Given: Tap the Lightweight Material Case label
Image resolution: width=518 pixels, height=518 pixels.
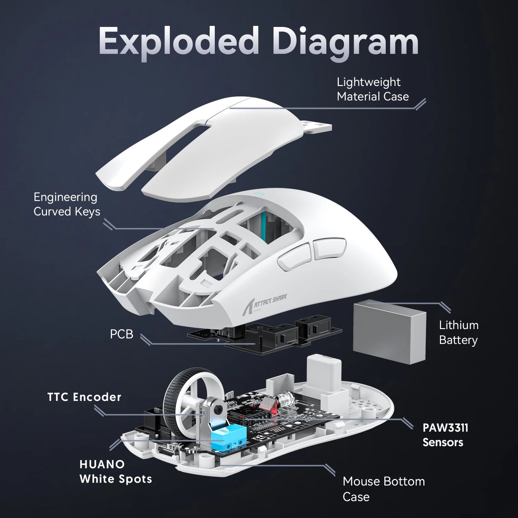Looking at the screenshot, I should click(x=372, y=89).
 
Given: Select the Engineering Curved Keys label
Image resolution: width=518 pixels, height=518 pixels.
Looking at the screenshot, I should click(x=67, y=204).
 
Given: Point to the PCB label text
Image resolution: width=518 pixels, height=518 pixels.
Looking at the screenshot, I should click(x=122, y=334).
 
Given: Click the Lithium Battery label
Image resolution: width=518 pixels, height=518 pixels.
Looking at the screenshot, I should click(x=458, y=333).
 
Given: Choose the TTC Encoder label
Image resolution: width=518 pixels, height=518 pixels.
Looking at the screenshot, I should click(x=84, y=397).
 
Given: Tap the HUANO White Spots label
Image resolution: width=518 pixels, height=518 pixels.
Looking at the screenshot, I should click(x=115, y=472).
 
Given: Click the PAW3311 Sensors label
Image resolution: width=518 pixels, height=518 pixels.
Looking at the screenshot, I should click(x=445, y=435).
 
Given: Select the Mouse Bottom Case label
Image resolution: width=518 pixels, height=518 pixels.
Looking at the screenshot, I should click(x=383, y=489).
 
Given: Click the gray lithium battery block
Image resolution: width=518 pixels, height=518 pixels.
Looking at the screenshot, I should click(x=389, y=332).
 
